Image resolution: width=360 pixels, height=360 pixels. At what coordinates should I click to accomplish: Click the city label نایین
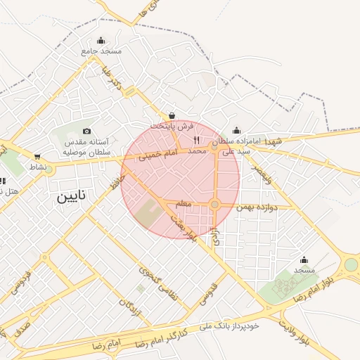click(74, 198)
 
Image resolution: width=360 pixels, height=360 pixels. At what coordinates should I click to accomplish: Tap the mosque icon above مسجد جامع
click(101, 40)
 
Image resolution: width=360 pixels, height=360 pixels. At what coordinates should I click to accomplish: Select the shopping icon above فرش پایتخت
click(172, 116)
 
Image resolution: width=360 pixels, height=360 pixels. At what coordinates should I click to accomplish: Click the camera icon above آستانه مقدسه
click(86, 131)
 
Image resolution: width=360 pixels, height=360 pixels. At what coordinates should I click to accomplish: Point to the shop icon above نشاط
click(37, 157)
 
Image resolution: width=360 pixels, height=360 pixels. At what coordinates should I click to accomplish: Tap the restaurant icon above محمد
click(196, 140)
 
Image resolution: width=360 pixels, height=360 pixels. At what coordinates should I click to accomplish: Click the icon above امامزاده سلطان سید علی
click(236, 129)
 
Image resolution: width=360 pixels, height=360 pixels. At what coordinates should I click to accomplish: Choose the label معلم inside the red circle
click(184, 203)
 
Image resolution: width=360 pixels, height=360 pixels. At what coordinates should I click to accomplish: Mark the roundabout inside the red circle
click(215, 205)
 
